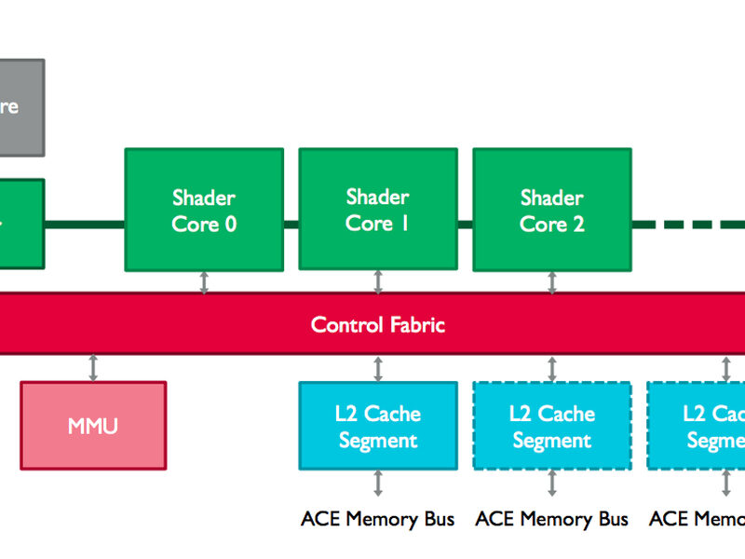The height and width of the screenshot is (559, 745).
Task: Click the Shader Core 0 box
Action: (x=204, y=210)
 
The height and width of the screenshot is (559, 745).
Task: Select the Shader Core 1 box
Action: (x=377, y=210)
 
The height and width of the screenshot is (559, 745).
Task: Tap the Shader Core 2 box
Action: (x=551, y=210)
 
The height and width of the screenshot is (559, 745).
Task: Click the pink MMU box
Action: (x=93, y=425)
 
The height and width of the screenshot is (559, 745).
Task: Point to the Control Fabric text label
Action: (x=377, y=325)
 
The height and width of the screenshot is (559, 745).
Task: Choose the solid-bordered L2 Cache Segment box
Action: (x=377, y=426)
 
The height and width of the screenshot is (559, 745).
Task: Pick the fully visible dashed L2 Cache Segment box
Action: (x=551, y=426)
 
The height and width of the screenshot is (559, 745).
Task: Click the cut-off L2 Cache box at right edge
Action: (x=698, y=426)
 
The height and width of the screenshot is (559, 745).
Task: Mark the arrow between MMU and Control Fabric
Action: (x=93, y=367)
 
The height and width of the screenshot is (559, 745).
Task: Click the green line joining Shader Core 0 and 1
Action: (x=291, y=225)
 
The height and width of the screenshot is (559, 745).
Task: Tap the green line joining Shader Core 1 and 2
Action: (x=465, y=225)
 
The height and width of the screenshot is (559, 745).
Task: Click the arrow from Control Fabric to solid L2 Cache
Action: (x=378, y=367)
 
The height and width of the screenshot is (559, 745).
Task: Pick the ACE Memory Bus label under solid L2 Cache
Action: (x=377, y=519)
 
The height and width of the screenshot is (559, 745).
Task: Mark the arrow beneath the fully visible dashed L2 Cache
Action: (x=552, y=484)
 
